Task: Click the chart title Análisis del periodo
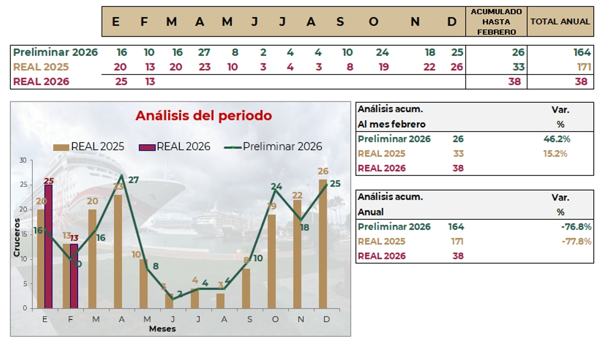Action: pos(204,116)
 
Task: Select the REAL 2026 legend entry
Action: pos(175,147)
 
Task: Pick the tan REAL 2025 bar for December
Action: pos(323,244)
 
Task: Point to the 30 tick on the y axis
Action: pos(23,160)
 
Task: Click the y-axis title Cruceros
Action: pos(17,237)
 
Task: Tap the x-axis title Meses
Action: pos(163,329)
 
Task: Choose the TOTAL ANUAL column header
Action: pos(560,22)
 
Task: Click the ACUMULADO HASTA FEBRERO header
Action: pos(496,22)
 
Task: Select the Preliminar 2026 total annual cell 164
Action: pos(582,52)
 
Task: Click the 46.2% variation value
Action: pos(557,139)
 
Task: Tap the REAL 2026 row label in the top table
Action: pos(41,82)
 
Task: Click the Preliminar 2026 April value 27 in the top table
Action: pos(204,52)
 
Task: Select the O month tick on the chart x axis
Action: pos(275,319)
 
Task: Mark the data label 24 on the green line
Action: pos(277,187)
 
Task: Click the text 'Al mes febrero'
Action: pos(392,124)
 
